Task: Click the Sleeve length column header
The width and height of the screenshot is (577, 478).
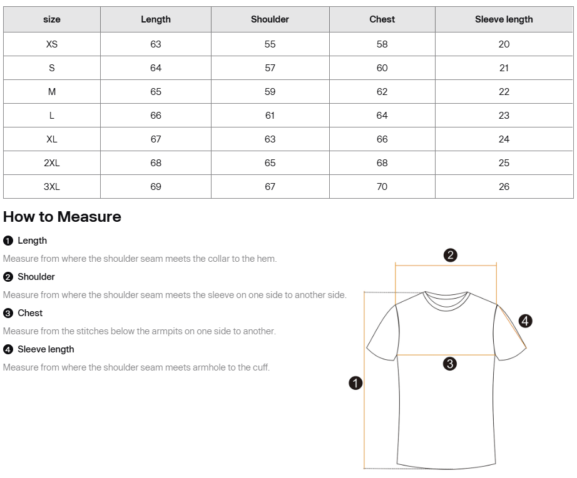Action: pyautogui.click(x=504, y=19)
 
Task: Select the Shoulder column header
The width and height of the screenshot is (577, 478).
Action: pyautogui.click(x=270, y=19)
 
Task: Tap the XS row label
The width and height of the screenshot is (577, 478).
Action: pyautogui.click(x=52, y=44)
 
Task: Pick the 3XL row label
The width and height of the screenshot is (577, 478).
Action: pyautogui.click(x=52, y=187)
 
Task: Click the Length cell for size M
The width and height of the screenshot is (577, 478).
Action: pyautogui.click(x=156, y=92)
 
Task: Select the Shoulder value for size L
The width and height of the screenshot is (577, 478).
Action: pyautogui.click(x=270, y=116)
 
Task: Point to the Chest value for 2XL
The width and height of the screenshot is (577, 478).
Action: pyautogui.click(x=382, y=163)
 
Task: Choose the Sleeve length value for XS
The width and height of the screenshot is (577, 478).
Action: pyautogui.click(x=504, y=44)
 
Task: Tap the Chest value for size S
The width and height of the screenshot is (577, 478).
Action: pyautogui.click(x=382, y=68)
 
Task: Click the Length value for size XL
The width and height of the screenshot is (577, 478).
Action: pyautogui.click(x=156, y=139)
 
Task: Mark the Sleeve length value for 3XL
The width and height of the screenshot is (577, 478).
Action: pyautogui.click(x=504, y=187)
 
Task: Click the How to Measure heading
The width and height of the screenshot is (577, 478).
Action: pyautogui.click(x=62, y=217)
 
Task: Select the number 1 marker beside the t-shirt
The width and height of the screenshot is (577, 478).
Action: pyautogui.click(x=355, y=383)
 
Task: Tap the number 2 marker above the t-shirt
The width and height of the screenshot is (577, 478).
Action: pyautogui.click(x=450, y=255)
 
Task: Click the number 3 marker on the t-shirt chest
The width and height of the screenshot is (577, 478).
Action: pyautogui.click(x=449, y=364)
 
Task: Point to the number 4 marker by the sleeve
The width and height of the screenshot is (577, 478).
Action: pyautogui.click(x=526, y=321)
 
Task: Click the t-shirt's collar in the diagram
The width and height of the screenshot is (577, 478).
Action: pyautogui.click(x=446, y=299)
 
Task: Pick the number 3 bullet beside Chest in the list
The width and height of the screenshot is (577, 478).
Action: pyautogui.click(x=8, y=314)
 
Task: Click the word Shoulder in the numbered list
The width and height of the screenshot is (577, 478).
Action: pyautogui.click(x=36, y=277)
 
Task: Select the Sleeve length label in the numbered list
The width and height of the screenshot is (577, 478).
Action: pyautogui.click(x=46, y=349)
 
